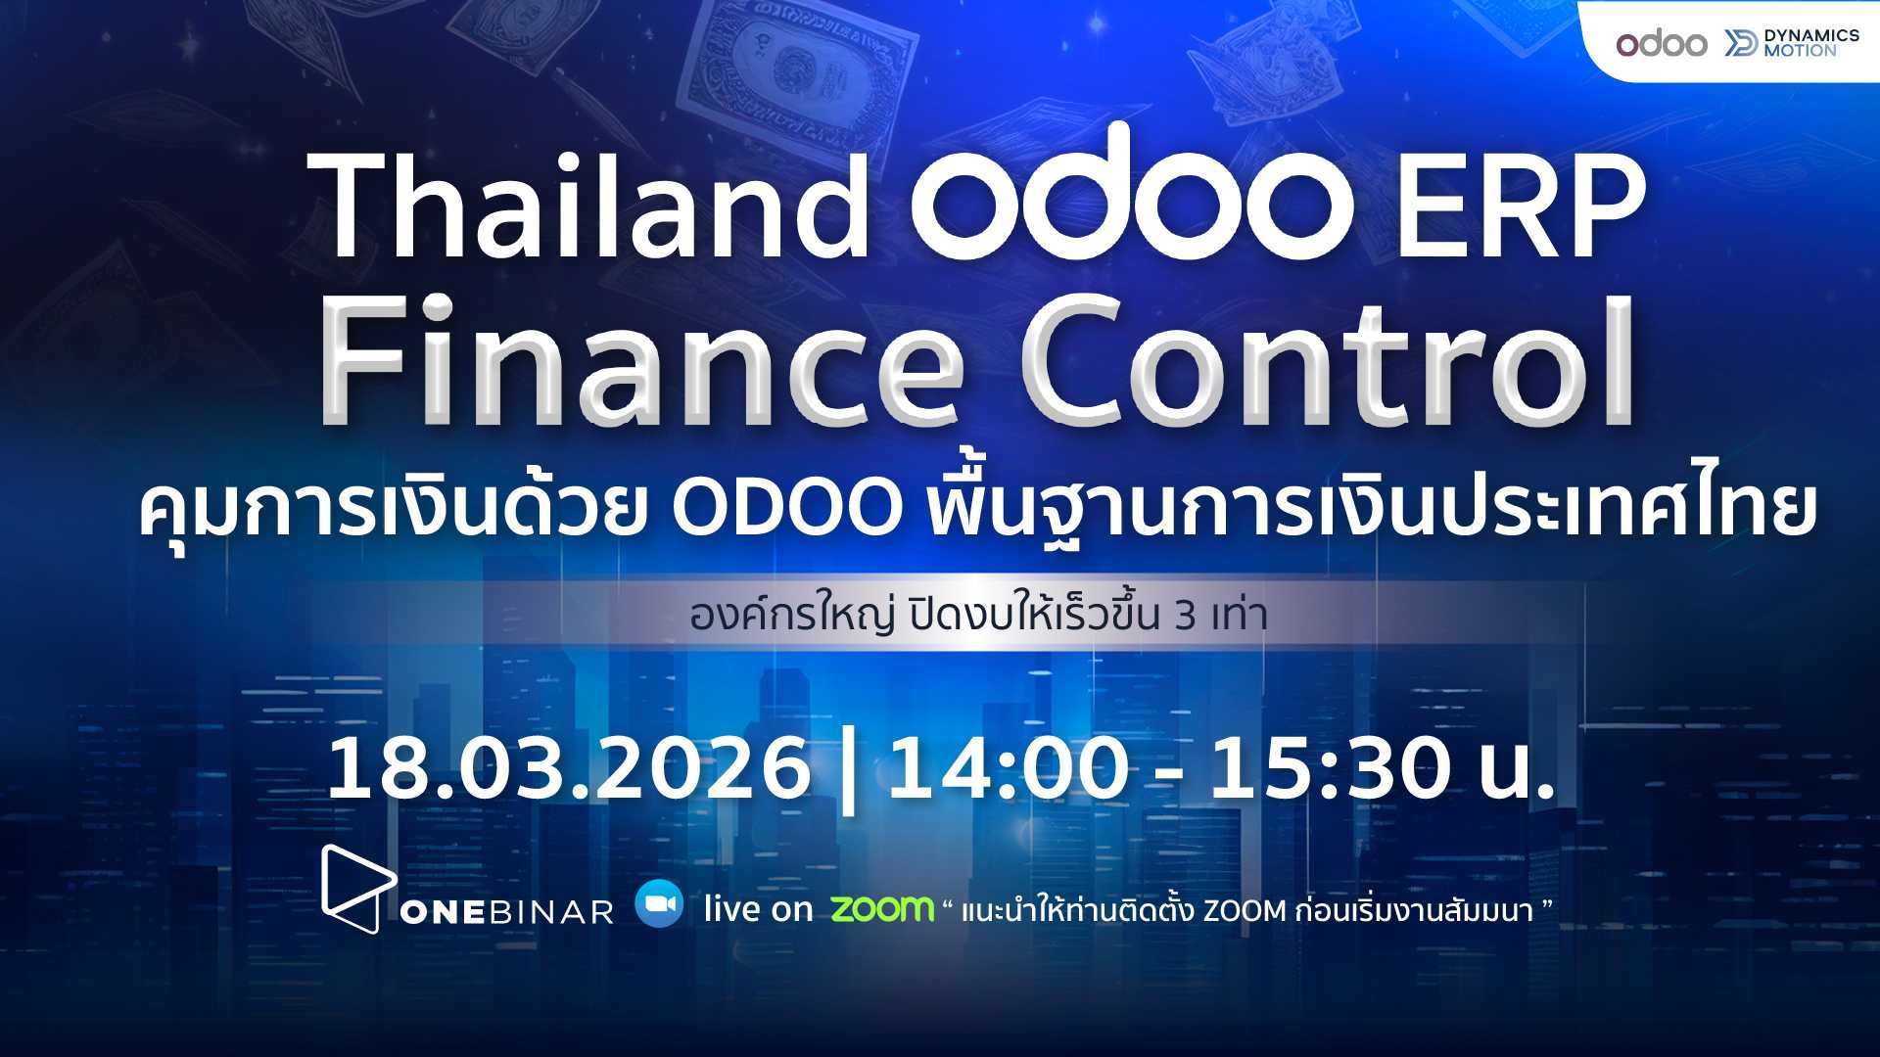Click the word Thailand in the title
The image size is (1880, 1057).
click(592, 207)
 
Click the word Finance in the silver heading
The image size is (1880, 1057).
click(641, 359)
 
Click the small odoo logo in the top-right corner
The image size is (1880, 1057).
click(1661, 43)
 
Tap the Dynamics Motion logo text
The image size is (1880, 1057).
click(1810, 42)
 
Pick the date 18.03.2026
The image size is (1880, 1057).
click(569, 768)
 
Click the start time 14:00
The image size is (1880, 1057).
click(1008, 768)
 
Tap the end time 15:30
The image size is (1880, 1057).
click(1329, 768)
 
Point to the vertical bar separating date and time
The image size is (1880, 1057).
click(848, 773)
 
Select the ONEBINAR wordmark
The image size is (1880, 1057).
click(506, 912)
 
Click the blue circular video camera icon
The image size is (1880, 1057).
click(659, 904)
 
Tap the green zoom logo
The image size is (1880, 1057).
click(882, 908)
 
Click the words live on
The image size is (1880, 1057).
click(758, 909)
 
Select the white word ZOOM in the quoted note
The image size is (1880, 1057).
click(1244, 911)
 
